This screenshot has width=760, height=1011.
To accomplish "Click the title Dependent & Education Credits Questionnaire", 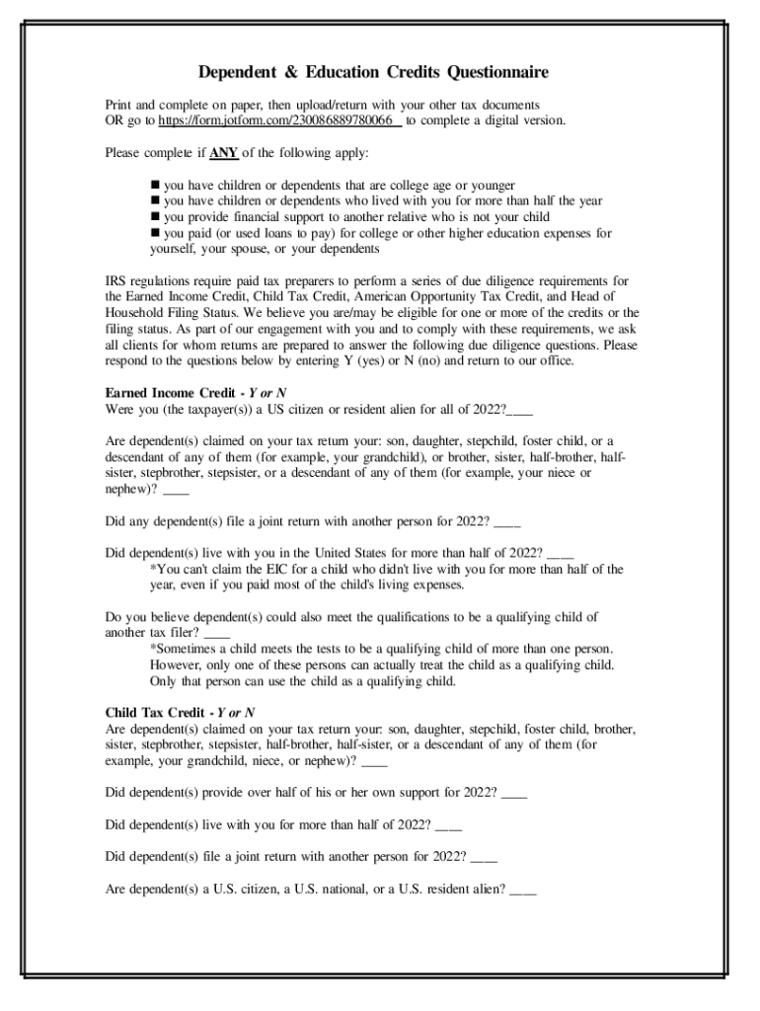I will [373, 73].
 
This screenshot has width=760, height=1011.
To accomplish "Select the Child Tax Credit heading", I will [155, 712].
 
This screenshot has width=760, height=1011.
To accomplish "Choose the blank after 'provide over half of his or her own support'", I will [514, 794].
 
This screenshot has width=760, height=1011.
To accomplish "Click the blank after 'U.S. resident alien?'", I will [523, 889].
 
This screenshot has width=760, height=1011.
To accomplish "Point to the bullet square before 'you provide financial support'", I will [155, 217].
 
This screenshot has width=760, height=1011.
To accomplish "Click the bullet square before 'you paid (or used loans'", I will [155, 234].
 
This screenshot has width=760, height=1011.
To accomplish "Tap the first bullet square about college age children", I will [155, 186].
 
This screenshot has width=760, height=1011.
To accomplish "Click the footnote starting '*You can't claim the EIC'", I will [385, 570].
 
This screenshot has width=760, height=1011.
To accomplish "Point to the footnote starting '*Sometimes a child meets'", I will [381, 649].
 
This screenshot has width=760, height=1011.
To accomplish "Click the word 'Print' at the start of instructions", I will [118, 105].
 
